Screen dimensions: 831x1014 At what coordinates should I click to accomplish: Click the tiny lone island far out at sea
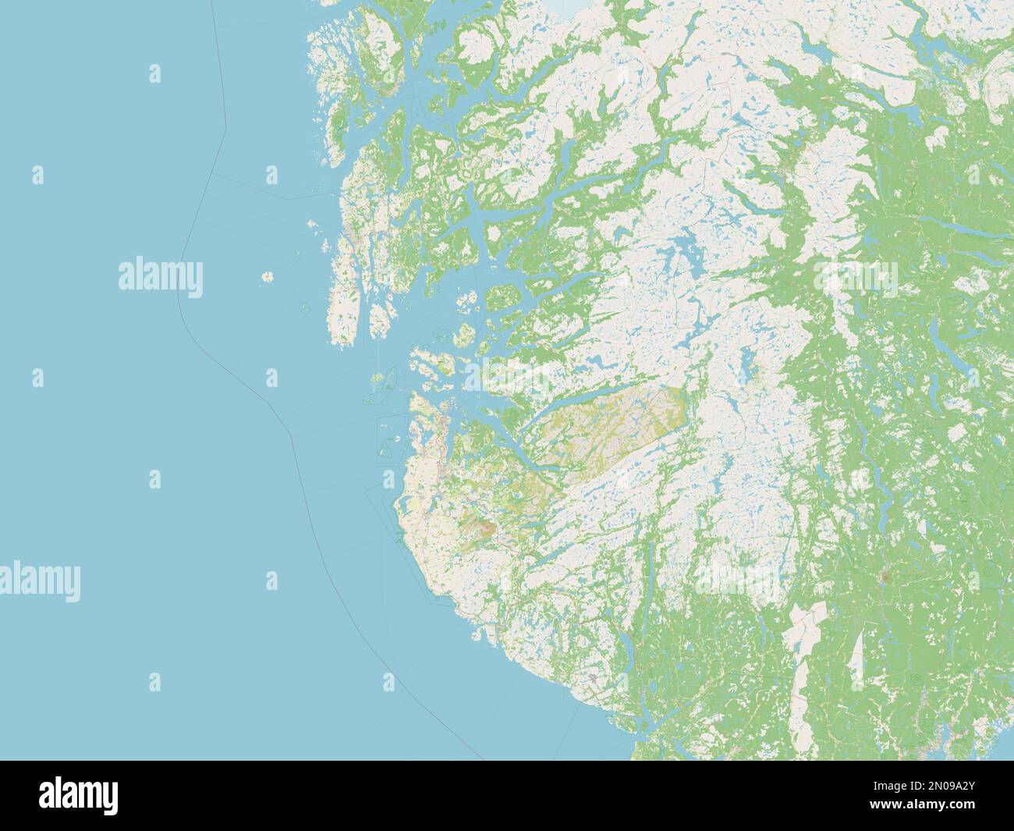pos(268,277)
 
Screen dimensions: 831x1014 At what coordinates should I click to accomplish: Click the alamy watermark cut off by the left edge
pos(40,581)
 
